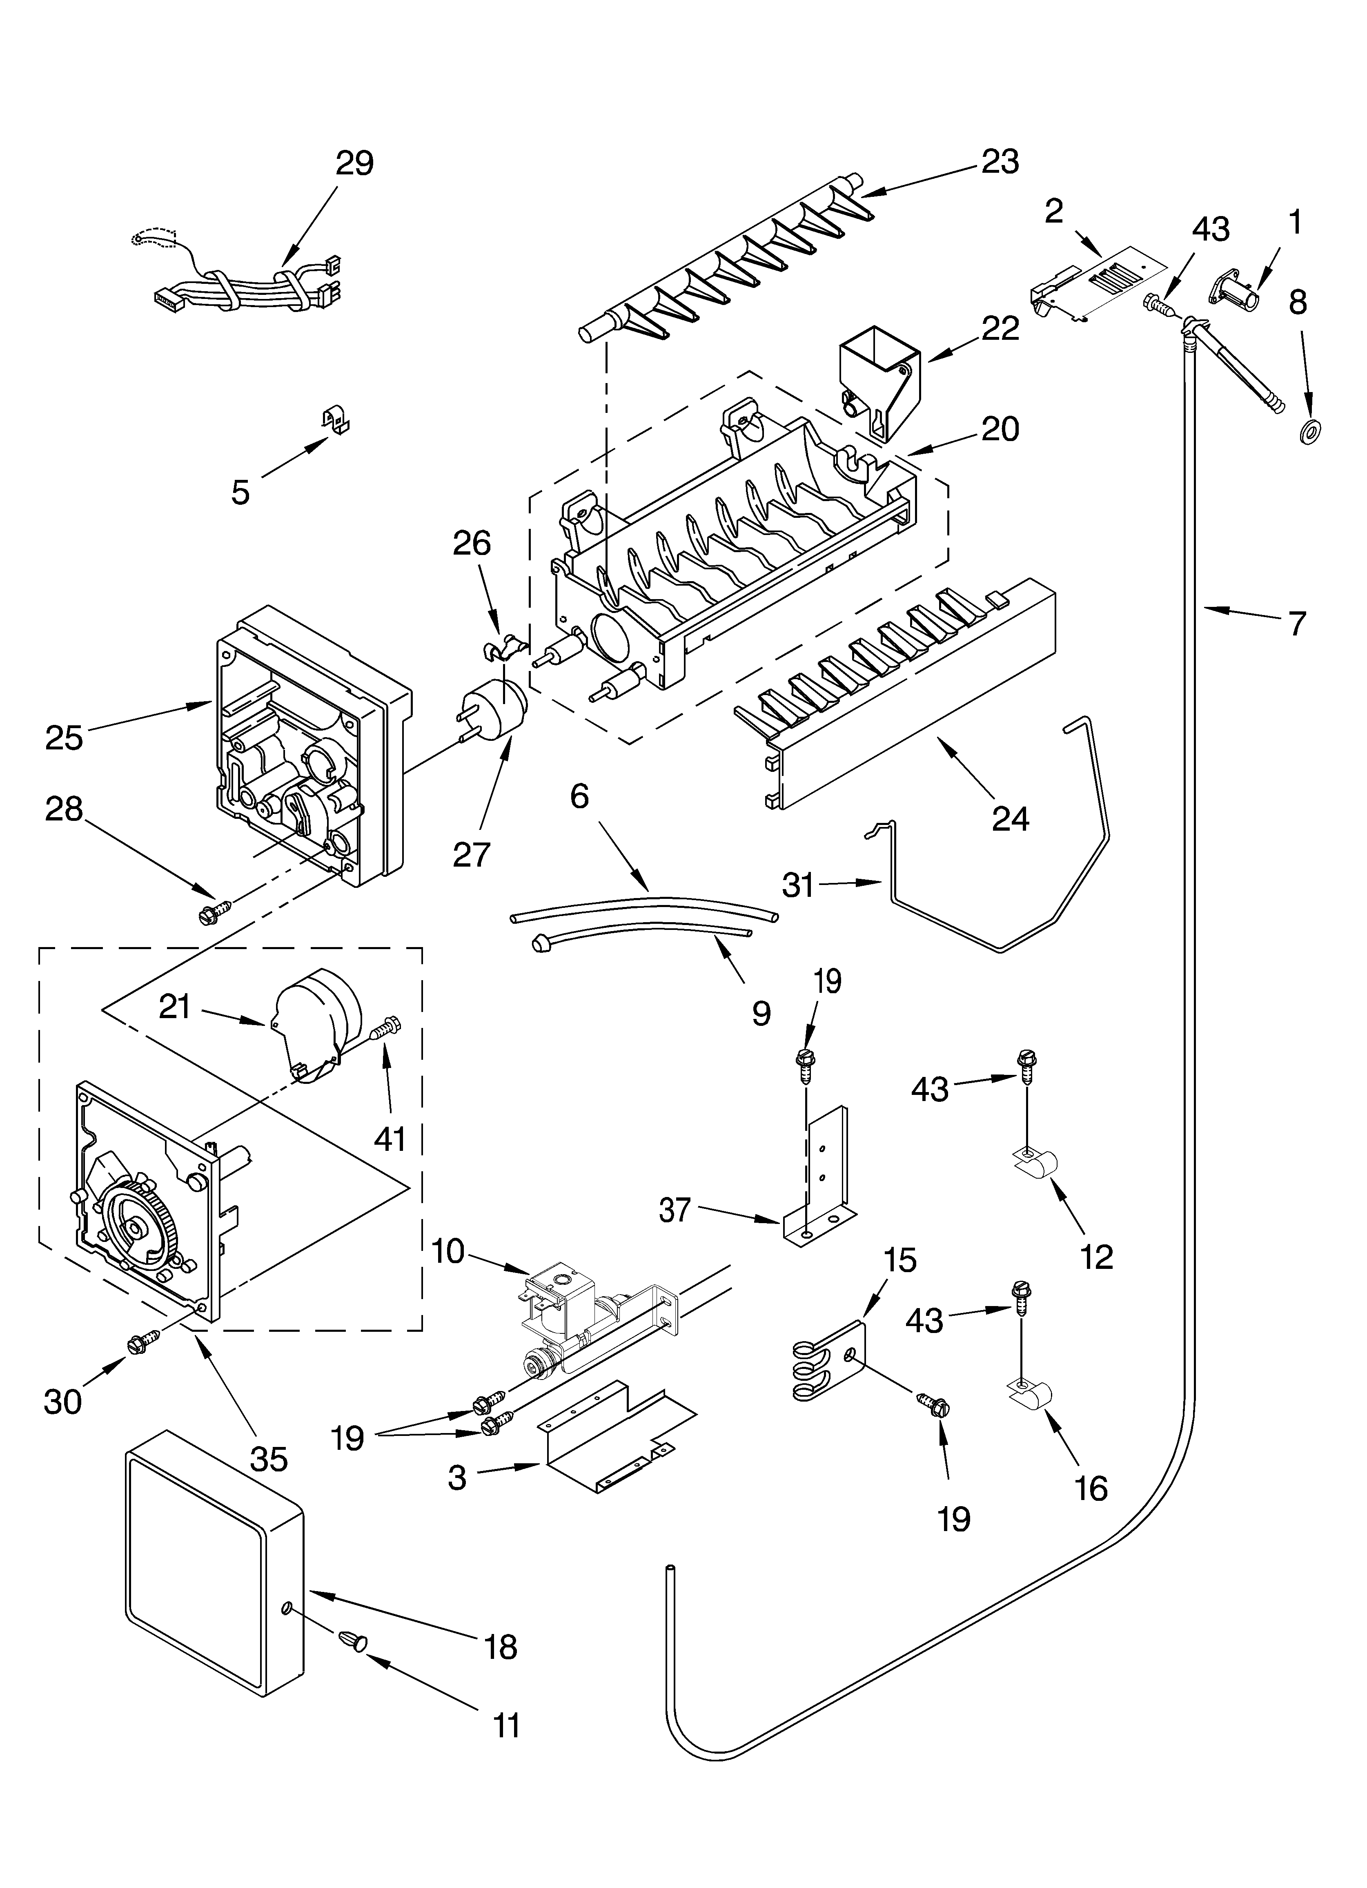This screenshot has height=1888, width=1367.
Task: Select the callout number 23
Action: (1000, 161)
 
